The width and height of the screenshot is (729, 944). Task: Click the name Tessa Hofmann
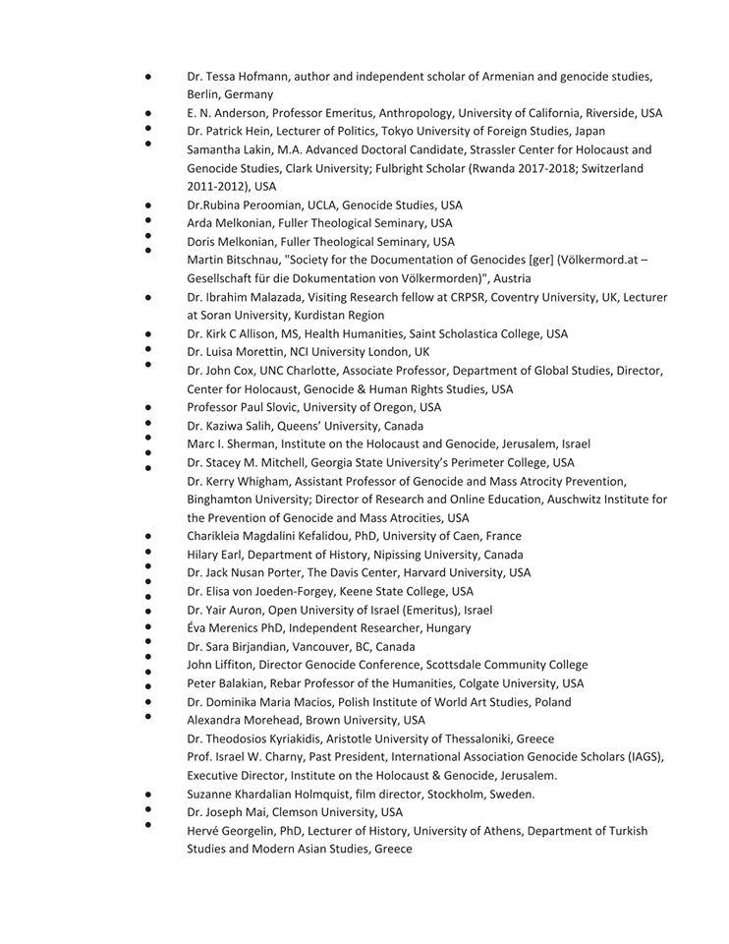tap(243, 76)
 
